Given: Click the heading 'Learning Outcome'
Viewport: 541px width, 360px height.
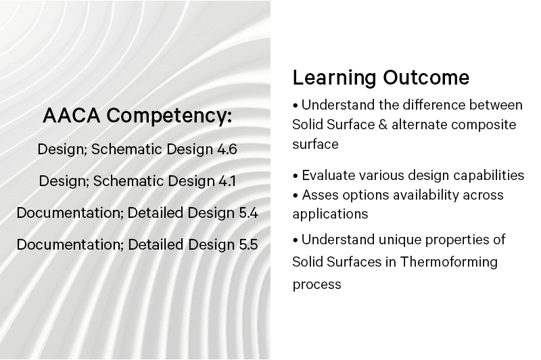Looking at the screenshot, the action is point(381,78).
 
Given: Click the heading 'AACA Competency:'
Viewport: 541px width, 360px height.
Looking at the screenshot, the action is point(137,116).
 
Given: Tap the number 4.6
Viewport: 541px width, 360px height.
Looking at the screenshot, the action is point(227,150).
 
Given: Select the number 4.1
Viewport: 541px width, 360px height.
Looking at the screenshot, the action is point(227,181).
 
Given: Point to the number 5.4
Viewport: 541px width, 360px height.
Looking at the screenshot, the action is point(248,213).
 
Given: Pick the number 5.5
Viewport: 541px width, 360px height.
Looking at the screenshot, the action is point(248,245).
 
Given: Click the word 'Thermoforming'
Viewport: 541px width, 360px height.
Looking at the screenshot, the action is point(448,262).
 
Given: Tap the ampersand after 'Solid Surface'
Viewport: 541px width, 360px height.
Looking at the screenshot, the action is point(383,125).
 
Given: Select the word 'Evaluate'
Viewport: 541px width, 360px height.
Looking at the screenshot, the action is point(329,175).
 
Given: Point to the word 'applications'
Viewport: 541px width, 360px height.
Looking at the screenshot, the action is point(330,215).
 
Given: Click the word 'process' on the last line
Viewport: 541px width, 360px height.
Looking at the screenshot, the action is point(316,285).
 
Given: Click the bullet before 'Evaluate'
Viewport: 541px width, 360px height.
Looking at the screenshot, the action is point(296,176).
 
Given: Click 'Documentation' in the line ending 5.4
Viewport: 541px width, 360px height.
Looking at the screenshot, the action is point(68,213).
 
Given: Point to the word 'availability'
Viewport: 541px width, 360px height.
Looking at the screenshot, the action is point(426,196).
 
